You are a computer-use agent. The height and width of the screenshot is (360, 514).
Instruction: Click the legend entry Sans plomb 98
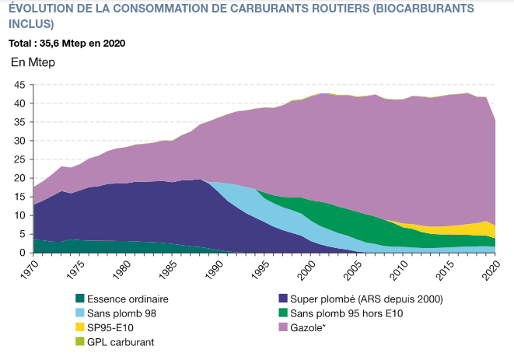pyautogui.click(x=119, y=313)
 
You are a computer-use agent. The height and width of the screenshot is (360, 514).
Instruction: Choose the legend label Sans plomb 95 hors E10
pyautogui.click(x=341, y=313)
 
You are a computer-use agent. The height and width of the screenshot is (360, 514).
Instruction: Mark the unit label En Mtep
pyautogui.click(x=33, y=63)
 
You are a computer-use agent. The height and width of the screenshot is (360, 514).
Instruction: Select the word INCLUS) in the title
pyautogui.click(x=30, y=23)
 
